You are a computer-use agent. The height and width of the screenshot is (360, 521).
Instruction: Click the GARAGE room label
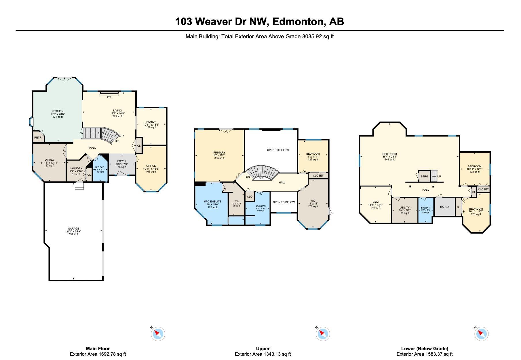[73, 229]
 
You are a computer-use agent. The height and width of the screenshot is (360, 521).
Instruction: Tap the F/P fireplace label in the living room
[109, 97]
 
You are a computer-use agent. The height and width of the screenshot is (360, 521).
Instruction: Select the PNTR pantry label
[38, 138]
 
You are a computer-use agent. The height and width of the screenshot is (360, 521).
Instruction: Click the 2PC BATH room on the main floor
[100, 169]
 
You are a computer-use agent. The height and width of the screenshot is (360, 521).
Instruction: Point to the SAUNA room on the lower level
[445, 207]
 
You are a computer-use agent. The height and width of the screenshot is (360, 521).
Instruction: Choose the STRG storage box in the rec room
[424, 177]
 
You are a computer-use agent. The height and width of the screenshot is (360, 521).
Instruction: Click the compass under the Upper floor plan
[323, 334]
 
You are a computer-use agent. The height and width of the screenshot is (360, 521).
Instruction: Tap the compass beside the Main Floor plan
[158, 334]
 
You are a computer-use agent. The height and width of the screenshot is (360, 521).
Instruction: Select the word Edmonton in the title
[296, 22]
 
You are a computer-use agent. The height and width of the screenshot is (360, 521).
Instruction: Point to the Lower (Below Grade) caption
[425, 348]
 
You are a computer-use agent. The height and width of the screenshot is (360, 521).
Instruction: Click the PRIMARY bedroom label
[219, 153]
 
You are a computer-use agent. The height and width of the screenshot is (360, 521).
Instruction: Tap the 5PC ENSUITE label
[213, 202]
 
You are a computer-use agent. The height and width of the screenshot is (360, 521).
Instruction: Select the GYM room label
[375, 202]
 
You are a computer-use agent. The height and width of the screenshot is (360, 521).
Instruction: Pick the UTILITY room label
[405, 208]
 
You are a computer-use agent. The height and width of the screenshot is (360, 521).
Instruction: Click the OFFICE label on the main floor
[151, 166]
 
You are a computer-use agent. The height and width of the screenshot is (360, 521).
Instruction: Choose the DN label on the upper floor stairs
[248, 177]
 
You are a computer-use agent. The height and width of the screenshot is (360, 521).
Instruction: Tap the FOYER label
[122, 161]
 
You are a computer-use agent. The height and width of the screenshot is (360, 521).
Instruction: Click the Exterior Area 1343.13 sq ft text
[263, 354]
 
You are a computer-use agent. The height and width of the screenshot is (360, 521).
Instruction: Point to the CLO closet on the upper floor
[250, 196]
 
